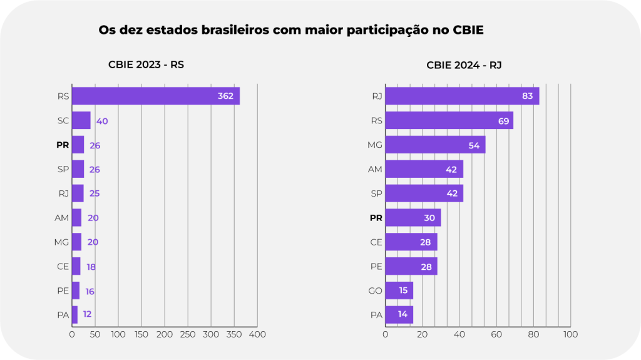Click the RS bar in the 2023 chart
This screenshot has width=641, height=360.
coord(155,96)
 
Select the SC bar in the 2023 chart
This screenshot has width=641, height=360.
coord(81,120)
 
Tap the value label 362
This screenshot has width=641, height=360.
coord(225,96)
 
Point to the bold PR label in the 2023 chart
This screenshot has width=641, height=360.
coord(63,145)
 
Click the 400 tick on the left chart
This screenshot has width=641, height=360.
coord(257,334)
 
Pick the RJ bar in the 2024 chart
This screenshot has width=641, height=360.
coord(462,96)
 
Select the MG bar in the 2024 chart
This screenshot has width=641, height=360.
coord(435,145)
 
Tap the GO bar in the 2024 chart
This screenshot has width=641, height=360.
coord(399,291)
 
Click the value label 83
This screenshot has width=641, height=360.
coord(527,96)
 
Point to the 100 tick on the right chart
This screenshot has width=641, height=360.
coord(570,334)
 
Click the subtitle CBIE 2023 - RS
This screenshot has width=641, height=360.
coord(146,64)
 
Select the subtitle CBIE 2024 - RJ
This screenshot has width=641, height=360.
coord(464,64)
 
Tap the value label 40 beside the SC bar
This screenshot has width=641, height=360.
coord(102,121)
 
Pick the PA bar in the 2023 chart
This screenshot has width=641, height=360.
coord(74,314)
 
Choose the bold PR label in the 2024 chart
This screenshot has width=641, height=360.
coord(376,218)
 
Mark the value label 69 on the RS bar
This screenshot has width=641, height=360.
coord(503,120)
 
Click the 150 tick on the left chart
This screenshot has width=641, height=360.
coord(141,334)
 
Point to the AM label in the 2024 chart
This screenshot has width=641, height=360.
coord(375,169)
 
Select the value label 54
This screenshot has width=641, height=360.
coord(475,145)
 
